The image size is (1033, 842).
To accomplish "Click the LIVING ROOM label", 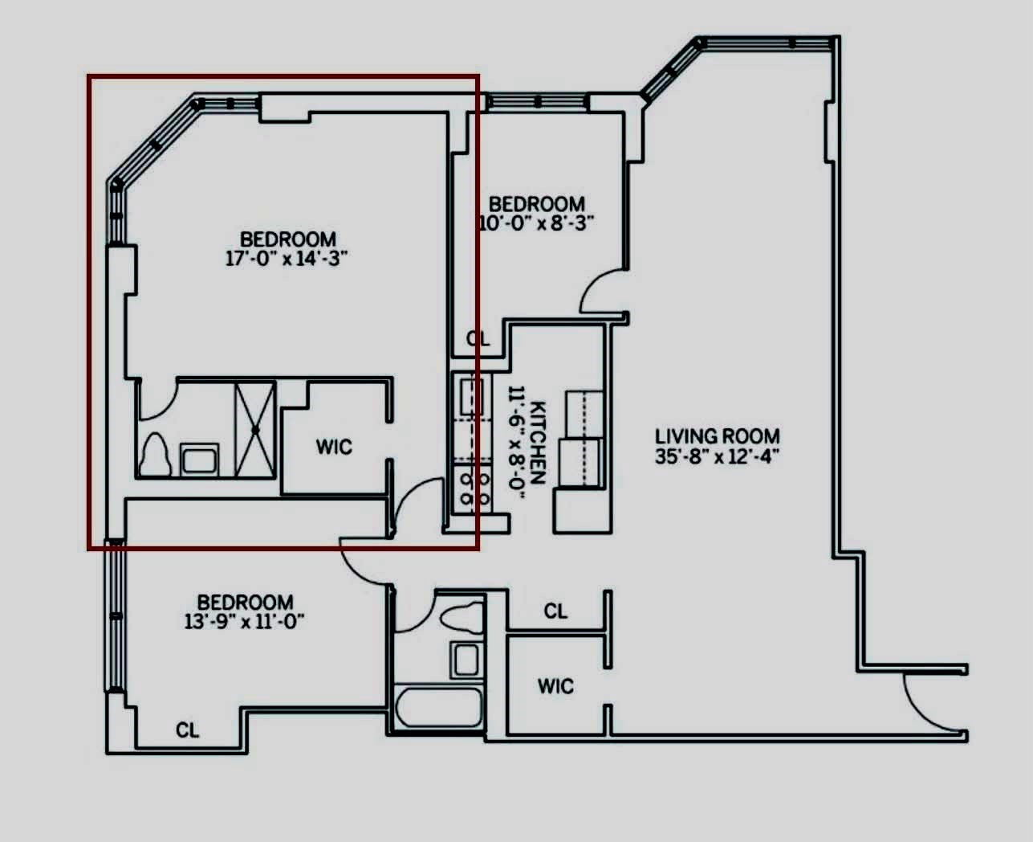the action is click(x=718, y=436).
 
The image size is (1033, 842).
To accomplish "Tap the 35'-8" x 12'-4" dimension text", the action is click(x=717, y=457).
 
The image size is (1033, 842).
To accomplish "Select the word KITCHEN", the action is click(x=538, y=443).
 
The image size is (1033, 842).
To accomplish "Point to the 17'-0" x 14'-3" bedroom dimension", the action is click(x=287, y=258).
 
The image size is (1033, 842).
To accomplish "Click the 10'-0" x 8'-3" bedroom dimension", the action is click(x=536, y=223).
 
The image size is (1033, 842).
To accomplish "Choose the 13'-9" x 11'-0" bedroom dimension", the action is click(x=245, y=622).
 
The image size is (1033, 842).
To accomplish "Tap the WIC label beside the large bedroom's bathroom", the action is click(x=334, y=447).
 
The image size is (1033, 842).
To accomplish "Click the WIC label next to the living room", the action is click(x=555, y=686).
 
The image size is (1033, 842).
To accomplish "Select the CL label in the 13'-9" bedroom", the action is click(x=188, y=730).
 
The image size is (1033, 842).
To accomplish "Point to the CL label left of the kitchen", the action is click(x=478, y=339).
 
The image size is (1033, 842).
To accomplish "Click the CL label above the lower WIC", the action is click(x=555, y=611).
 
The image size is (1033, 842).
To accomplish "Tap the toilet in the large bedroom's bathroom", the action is click(x=155, y=455).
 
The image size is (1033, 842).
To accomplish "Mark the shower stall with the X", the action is click(x=255, y=430).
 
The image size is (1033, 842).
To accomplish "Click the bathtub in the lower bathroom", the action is click(x=439, y=708).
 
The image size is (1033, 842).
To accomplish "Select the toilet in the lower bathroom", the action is click(x=462, y=617).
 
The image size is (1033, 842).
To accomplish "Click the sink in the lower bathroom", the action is click(x=466, y=660).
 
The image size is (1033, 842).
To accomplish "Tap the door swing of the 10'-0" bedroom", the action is click(x=601, y=291).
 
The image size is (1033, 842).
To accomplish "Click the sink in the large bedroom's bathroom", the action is click(x=199, y=459).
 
